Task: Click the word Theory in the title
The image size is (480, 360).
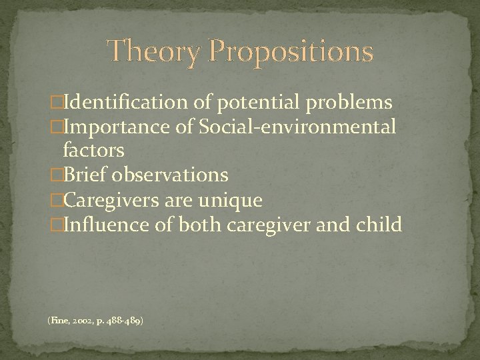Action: [151, 51]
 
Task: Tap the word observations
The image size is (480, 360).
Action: [171, 175]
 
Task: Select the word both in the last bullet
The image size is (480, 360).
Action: [197, 224]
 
